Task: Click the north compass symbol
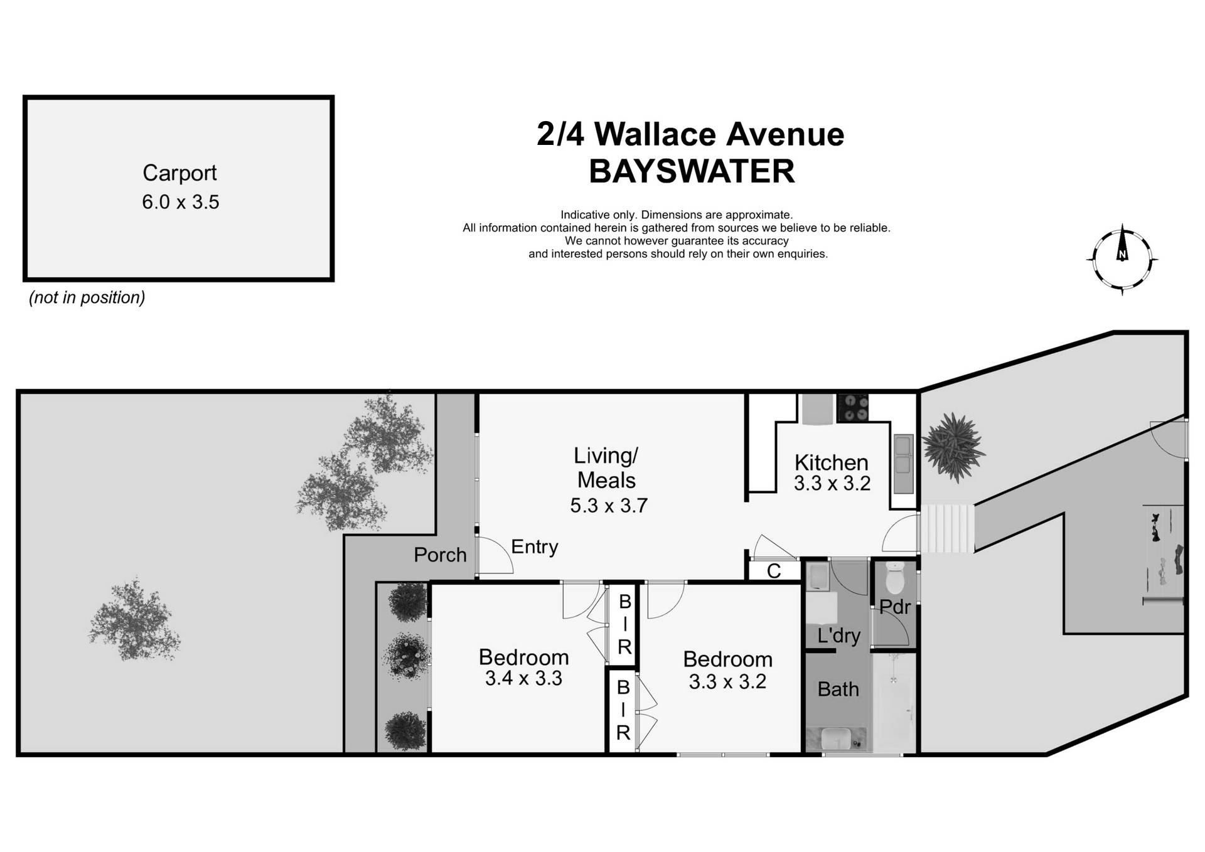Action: (x=1122, y=259)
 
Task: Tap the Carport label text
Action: (x=179, y=173)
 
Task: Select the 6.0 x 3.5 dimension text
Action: (x=180, y=202)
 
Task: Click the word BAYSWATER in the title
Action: (x=692, y=171)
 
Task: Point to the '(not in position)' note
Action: (x=87, y=297)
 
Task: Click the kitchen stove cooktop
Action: (x=853, y=407)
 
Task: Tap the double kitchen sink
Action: (x=904, y=455)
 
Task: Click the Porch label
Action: (x=440, y=555)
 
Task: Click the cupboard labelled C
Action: (x=774, y=571)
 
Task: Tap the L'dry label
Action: (x=838, y=636)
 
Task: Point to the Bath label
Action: (x=838, y=690)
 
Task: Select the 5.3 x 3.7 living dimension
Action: (x=608, y=505)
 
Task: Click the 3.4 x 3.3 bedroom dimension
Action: (x=523, y=678)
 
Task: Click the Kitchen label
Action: (x=831, y=462)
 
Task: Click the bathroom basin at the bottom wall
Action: (x=835, y=738)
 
